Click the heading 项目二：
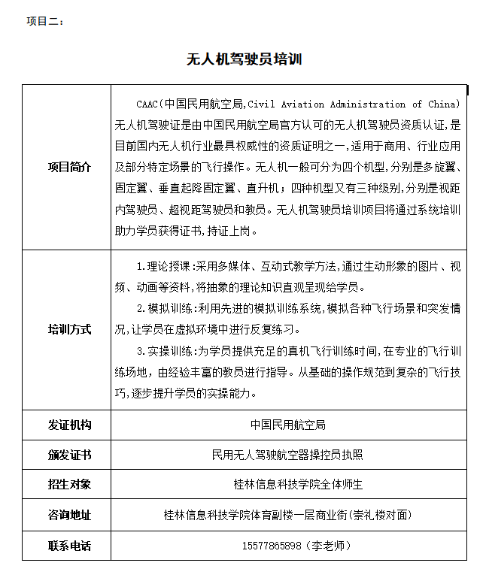[x=45, y=21]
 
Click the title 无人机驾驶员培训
[x=244, y=59]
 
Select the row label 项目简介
[x=69, y=167]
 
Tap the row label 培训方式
[x=69, y=329]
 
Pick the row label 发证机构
[x=69, y=425]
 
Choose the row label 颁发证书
[x=69, y=455]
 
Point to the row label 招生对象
[x=69, y=485]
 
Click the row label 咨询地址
[x=69, y=515]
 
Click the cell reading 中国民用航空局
[x=288, y=425]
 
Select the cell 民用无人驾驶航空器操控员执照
[x=288, y=455]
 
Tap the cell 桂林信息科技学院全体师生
[x=288, y=485]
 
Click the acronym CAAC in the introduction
[x=147, y=104]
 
